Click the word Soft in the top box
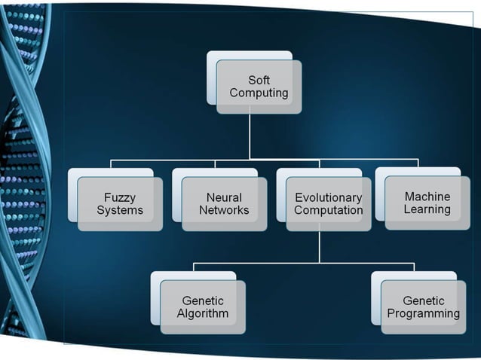(259, 81)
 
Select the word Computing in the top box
(259, 93)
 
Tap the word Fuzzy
(120, 197)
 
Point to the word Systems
(120, 210)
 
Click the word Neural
(224, 197)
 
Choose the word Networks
(224, 210)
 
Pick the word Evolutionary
(328, 197)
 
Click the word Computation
(328, 210)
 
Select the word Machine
(427, 197)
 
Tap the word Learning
(427, 209)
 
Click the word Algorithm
(203, 313)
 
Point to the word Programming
(423, 313)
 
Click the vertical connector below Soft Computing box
(250, 136)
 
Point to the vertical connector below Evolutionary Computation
(319, 246)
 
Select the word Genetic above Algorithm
(203, 301)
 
